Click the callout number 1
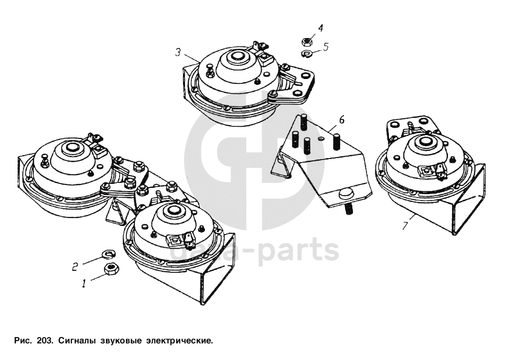pos(84,283)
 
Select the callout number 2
pos(75,267)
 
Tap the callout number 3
pos(178,52)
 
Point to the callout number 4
pos(321,28)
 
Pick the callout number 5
pos(326,47)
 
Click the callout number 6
pos(342,120)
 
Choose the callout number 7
pos(405,225)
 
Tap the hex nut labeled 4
pos(307,42)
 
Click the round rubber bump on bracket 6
pos(346,194)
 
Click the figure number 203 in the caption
pos(43,341)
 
